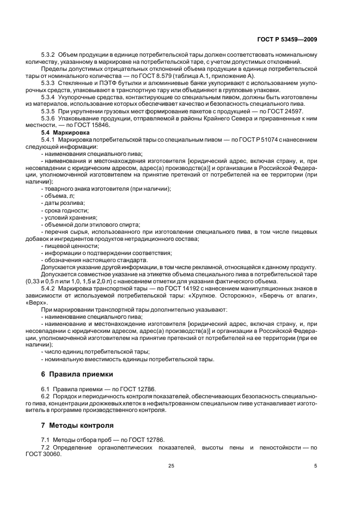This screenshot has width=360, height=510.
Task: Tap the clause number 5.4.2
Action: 51,288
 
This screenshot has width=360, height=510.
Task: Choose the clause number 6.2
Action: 46,397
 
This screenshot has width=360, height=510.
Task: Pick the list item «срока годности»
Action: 66,210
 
